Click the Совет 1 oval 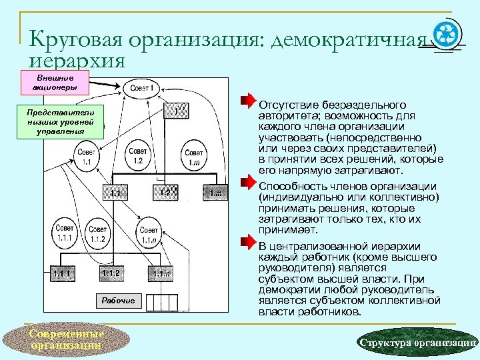(x=141, y=87)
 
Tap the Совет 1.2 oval (x=138, y=155)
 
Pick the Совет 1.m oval (x=195, y=158)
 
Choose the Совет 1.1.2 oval (x=98, y=234)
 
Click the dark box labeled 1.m (x=215, y=193)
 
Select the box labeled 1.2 (x=168, y=193)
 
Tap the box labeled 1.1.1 (x=63, y=273)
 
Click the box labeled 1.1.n (x=161, y=273)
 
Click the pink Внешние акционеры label (x=57, y=83)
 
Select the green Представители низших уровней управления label (x=61, y=121)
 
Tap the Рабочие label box (x=119, y=301)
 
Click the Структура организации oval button (x=416, y=343)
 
